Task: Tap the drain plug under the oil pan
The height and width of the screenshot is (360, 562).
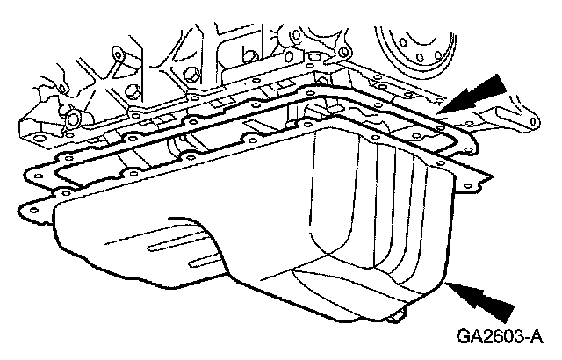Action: coord(401,314)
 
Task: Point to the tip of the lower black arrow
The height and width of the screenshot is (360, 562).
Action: coord(447,283)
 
